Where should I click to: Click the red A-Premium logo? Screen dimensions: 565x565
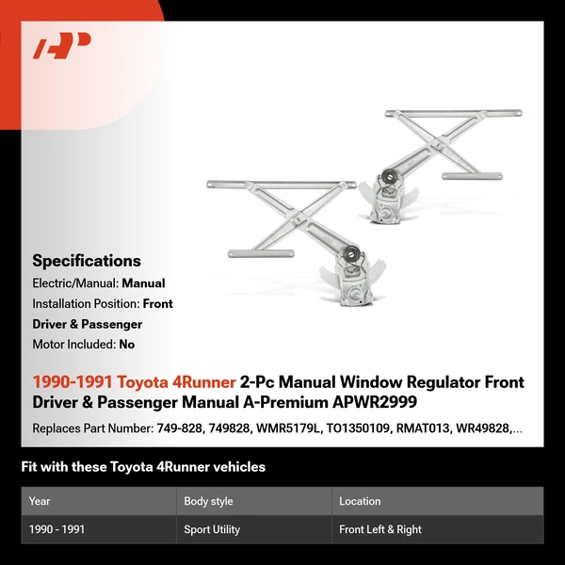[61, 46]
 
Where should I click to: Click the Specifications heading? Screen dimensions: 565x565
[87, 261]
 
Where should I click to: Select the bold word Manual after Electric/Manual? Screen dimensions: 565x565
[143, 283]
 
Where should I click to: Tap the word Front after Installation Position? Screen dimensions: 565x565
[157, 304]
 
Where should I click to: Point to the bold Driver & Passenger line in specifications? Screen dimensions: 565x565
[87, 324]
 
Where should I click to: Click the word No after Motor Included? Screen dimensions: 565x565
[126, 345]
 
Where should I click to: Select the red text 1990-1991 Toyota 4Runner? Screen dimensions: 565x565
[134, 382]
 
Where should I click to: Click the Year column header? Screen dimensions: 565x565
[40, 501]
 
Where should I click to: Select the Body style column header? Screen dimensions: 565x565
[208, 501]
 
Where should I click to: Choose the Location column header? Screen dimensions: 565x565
[360, 501]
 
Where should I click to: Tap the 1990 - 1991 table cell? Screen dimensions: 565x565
[56, 529]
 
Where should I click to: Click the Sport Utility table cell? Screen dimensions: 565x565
[212, 529]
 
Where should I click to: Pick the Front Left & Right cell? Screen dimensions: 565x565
[380, 529]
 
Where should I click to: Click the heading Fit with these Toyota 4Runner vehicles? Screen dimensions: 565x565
[143, 467]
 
